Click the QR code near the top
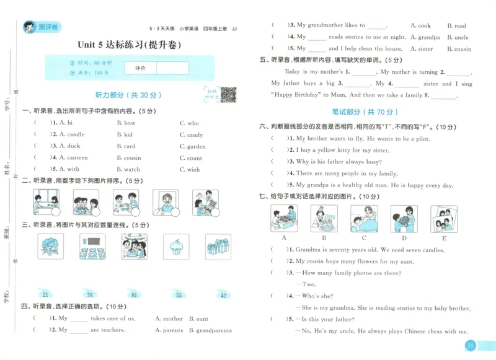[229, 95]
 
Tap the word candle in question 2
[75, 134]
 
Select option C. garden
[192, 146]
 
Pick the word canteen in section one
[77, 158]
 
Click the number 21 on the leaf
[45, 294]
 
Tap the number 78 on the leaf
[90, 294]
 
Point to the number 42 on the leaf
[223, 295]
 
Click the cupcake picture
[176, 247]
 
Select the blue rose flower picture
[50, 247]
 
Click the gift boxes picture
[217, 247]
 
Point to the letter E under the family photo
[443, 238]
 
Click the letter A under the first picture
[284, 238]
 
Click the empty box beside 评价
[172, 68]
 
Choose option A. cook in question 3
[420, 25]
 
